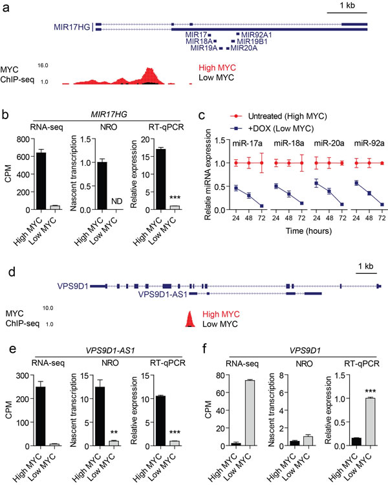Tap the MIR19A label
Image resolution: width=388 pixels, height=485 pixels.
click(x=204, y=48)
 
